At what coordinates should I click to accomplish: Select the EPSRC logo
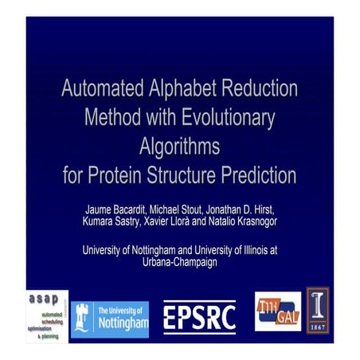point(199,318)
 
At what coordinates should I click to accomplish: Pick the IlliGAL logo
point(277,311)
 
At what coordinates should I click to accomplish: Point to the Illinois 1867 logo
point(319,310)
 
